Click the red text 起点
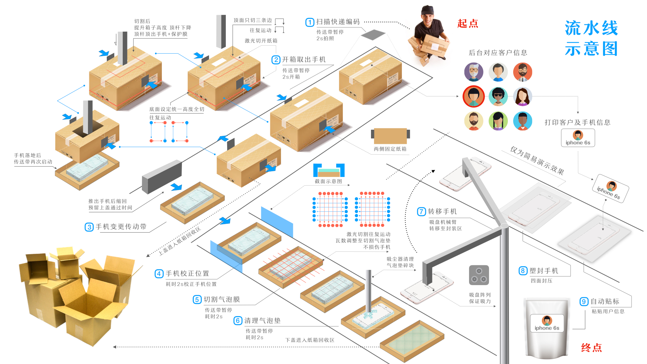[x=468, y=24]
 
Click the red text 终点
[x=591, y=347]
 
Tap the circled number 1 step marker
[x=310, y=22]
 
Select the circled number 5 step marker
[x=197, y=300]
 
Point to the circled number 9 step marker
[x=584, y=302]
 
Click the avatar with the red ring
[x=473, y=96]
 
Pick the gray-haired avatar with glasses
[x=473, y=72]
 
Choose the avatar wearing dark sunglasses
[x=498, y=96]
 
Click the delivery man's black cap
[x=427, y=9]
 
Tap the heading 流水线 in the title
[x=591, y=28]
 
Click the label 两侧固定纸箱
[x=390, y=149]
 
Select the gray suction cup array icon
[x=479, y=275]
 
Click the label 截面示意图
[x=328, y=181]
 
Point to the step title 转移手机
[x=442, y=212]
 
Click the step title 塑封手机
[x=544, y=271]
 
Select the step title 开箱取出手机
[x=304, y=60]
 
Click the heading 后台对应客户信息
[x=498, y=53]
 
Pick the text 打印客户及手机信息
[x=578, y=123]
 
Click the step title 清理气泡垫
[x=262, y=321]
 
